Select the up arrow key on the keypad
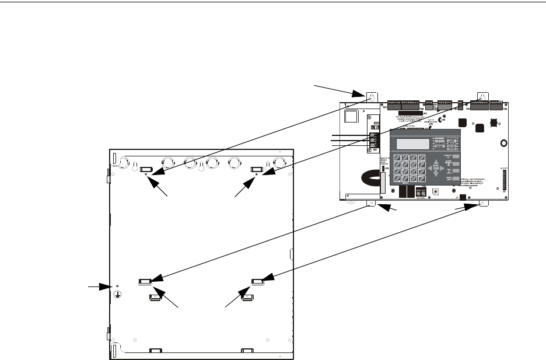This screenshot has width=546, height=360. [x=438, y=160]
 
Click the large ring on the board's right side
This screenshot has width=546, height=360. [x=502, y=143]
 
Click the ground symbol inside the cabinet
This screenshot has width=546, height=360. [x=117, y=294]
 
